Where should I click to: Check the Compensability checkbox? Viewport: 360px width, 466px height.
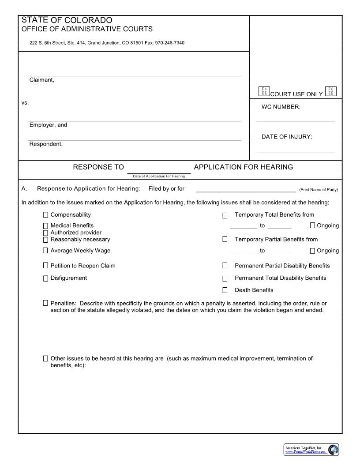pos(45,215)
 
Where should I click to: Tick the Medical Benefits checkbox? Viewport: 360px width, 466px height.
pos(45,226)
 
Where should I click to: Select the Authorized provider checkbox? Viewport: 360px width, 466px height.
pos(45,233)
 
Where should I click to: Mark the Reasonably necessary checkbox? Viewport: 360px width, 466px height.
pos(45,240)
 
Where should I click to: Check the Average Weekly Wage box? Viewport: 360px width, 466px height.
pos(45,251)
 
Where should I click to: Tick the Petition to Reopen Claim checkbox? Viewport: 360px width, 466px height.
pos(45,266)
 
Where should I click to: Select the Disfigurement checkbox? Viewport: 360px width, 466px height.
pos(45,278)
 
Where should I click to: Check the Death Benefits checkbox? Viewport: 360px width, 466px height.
pos(225,290)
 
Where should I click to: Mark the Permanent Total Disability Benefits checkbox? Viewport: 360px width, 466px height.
pos(225,278)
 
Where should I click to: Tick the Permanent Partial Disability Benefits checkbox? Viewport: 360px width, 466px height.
pos(225,266)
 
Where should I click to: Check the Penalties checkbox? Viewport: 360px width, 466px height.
pos(45,304)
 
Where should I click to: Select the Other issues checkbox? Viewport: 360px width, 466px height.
pos(45,359)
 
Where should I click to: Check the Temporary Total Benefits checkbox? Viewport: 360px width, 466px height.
pos(225,215)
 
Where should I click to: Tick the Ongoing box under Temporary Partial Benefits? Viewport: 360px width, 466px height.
pos(313,251)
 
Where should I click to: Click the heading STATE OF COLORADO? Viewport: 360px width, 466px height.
pos(67,20)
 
